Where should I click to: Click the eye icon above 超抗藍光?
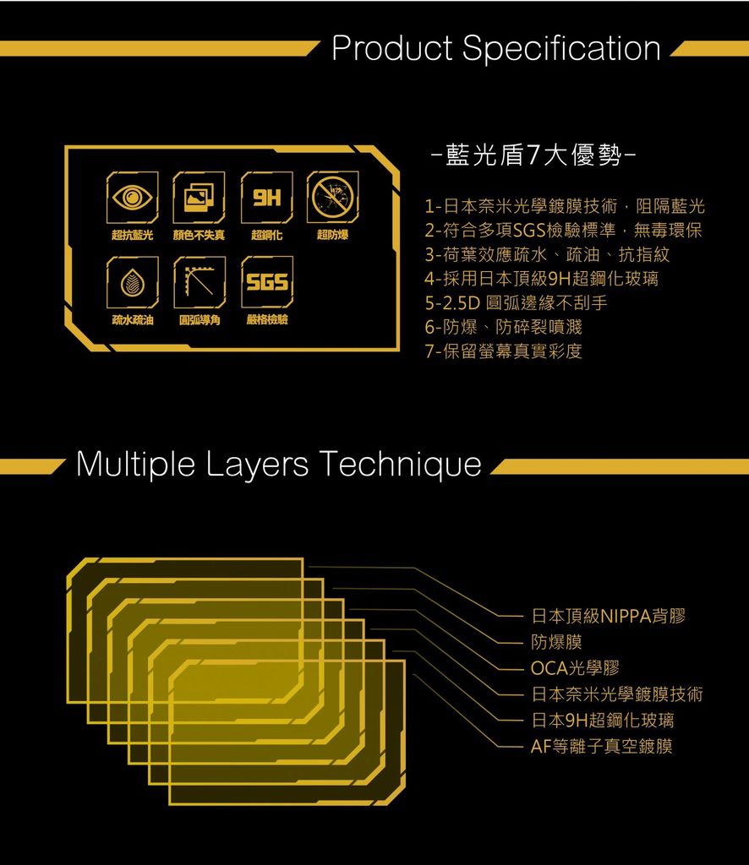(133, 197)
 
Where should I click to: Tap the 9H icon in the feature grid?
(266, 197)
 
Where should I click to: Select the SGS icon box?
(266, 282)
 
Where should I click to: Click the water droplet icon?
(133, 282)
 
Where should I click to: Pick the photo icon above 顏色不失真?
(199, 197)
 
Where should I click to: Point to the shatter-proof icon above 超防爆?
(333, 197)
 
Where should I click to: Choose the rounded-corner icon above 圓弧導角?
(200, 282)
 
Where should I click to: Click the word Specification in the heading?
(561, 49)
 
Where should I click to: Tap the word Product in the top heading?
(392, 48)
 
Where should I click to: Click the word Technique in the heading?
(400, 464)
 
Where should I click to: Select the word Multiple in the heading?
(136, 464)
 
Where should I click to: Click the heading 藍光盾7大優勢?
(533, 155)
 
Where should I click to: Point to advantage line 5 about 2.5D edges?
(516, 303)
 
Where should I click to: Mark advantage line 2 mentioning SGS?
(563, 230)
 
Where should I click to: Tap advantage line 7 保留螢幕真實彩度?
(503, 351)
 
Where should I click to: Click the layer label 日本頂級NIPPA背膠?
(609, 616)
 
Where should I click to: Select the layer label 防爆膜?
(556, 642)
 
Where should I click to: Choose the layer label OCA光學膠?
(575, 668)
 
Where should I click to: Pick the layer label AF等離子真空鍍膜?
(601, 747)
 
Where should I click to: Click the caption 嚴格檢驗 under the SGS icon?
(267, 320)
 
